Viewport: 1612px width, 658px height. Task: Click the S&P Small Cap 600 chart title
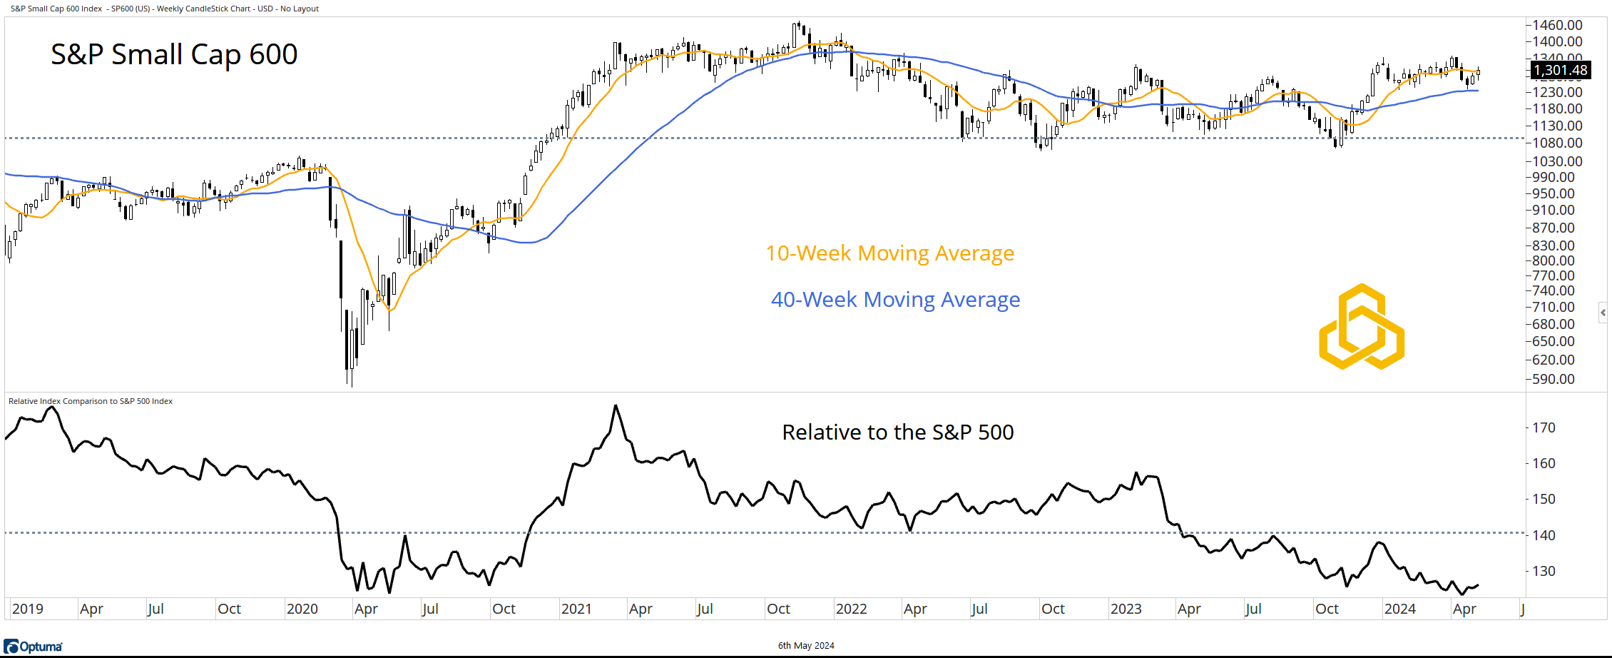(x=174, y=54)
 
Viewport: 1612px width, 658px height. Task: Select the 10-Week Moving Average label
(x=889, y=253)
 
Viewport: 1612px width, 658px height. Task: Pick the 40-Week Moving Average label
(x=895, y=300)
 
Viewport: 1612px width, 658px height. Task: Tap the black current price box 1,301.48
(x=1561, y=70)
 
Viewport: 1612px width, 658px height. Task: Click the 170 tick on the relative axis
(x=1544, y=427)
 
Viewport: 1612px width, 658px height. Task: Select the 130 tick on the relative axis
(x=1544, y=571)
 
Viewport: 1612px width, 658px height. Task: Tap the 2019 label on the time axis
(x=28, y=609)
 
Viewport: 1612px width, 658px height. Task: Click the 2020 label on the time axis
(x=302, y=609)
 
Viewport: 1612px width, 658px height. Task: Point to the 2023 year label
(x=1126, y=609)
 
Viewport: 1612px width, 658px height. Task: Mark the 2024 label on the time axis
(x=1400, y=609)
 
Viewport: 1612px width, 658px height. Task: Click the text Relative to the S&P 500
(x=897, y=432)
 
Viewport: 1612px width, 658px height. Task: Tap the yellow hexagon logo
(x=1362, y=327)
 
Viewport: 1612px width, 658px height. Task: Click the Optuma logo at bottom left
(x=34, y=647)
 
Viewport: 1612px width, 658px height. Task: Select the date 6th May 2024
(x=806, y=646)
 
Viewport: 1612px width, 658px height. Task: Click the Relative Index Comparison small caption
(x=91, y=401)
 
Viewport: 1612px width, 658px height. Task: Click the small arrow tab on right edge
(x=1603, y=313)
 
